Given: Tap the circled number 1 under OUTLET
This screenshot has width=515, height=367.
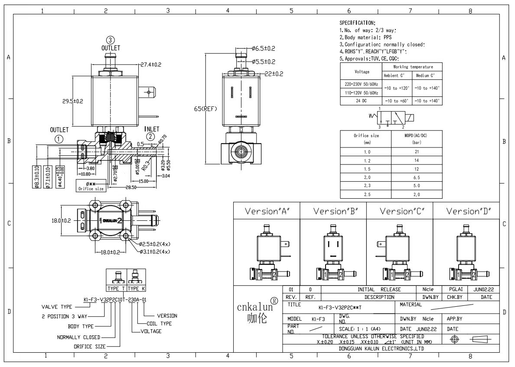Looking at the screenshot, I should pyautogui.click(x=59, y=139).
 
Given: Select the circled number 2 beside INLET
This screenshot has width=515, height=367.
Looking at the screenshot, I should pyautogui.click(x=150, y=136).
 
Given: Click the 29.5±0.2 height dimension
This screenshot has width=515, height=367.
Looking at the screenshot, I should pyautogui.click(x=72, y=101).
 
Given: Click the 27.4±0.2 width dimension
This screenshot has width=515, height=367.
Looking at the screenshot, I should pyautogui.click(x=150, y=64).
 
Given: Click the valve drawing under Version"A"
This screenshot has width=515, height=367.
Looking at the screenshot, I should pyautogui.click(x=266, y=253).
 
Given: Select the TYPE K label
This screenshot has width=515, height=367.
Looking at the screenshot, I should pyautogui.click(x=136, y=288).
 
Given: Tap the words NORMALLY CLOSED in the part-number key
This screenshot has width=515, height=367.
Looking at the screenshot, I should pyautogui.click(x=78, y=337).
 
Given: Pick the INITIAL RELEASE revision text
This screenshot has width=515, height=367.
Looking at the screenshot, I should pyautogui.click(x=379, y=289).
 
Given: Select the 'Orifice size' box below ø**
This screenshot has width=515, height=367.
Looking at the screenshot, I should pyautogui.click(x=91, y=189).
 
